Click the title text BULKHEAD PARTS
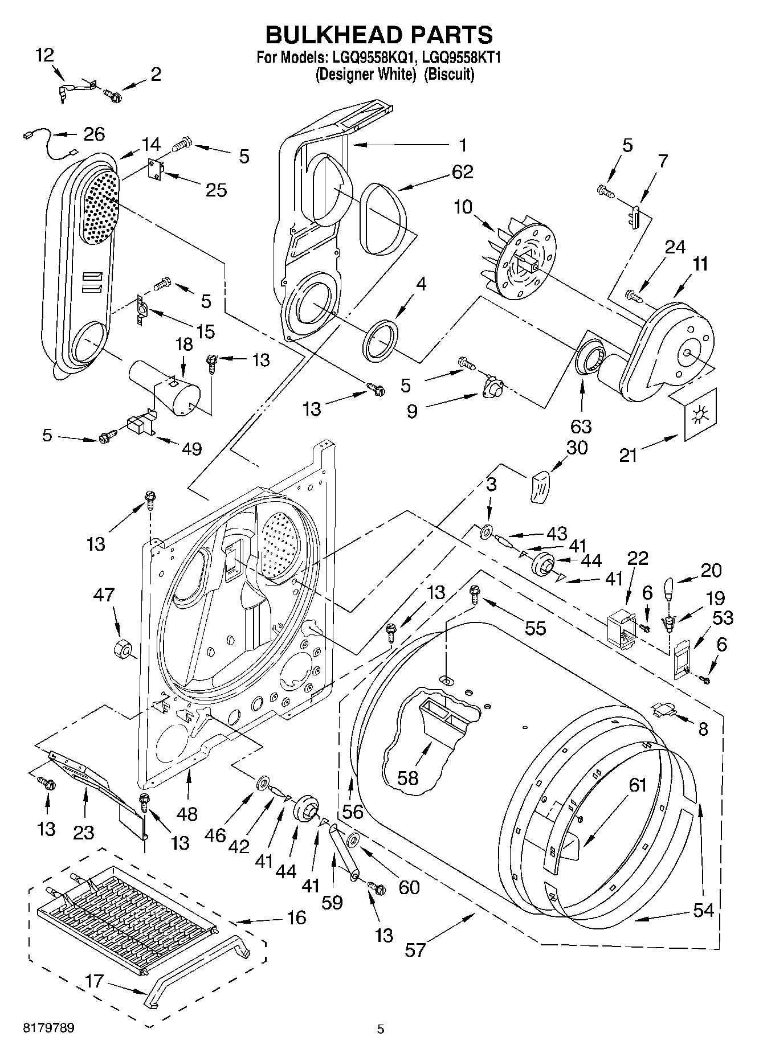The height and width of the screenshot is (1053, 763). [380, 35]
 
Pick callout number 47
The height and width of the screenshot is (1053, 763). [104, 595]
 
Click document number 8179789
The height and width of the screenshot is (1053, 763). [48, 1028]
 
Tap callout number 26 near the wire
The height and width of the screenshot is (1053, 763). [94, 134]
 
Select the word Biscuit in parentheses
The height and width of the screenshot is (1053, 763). [450, 74]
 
